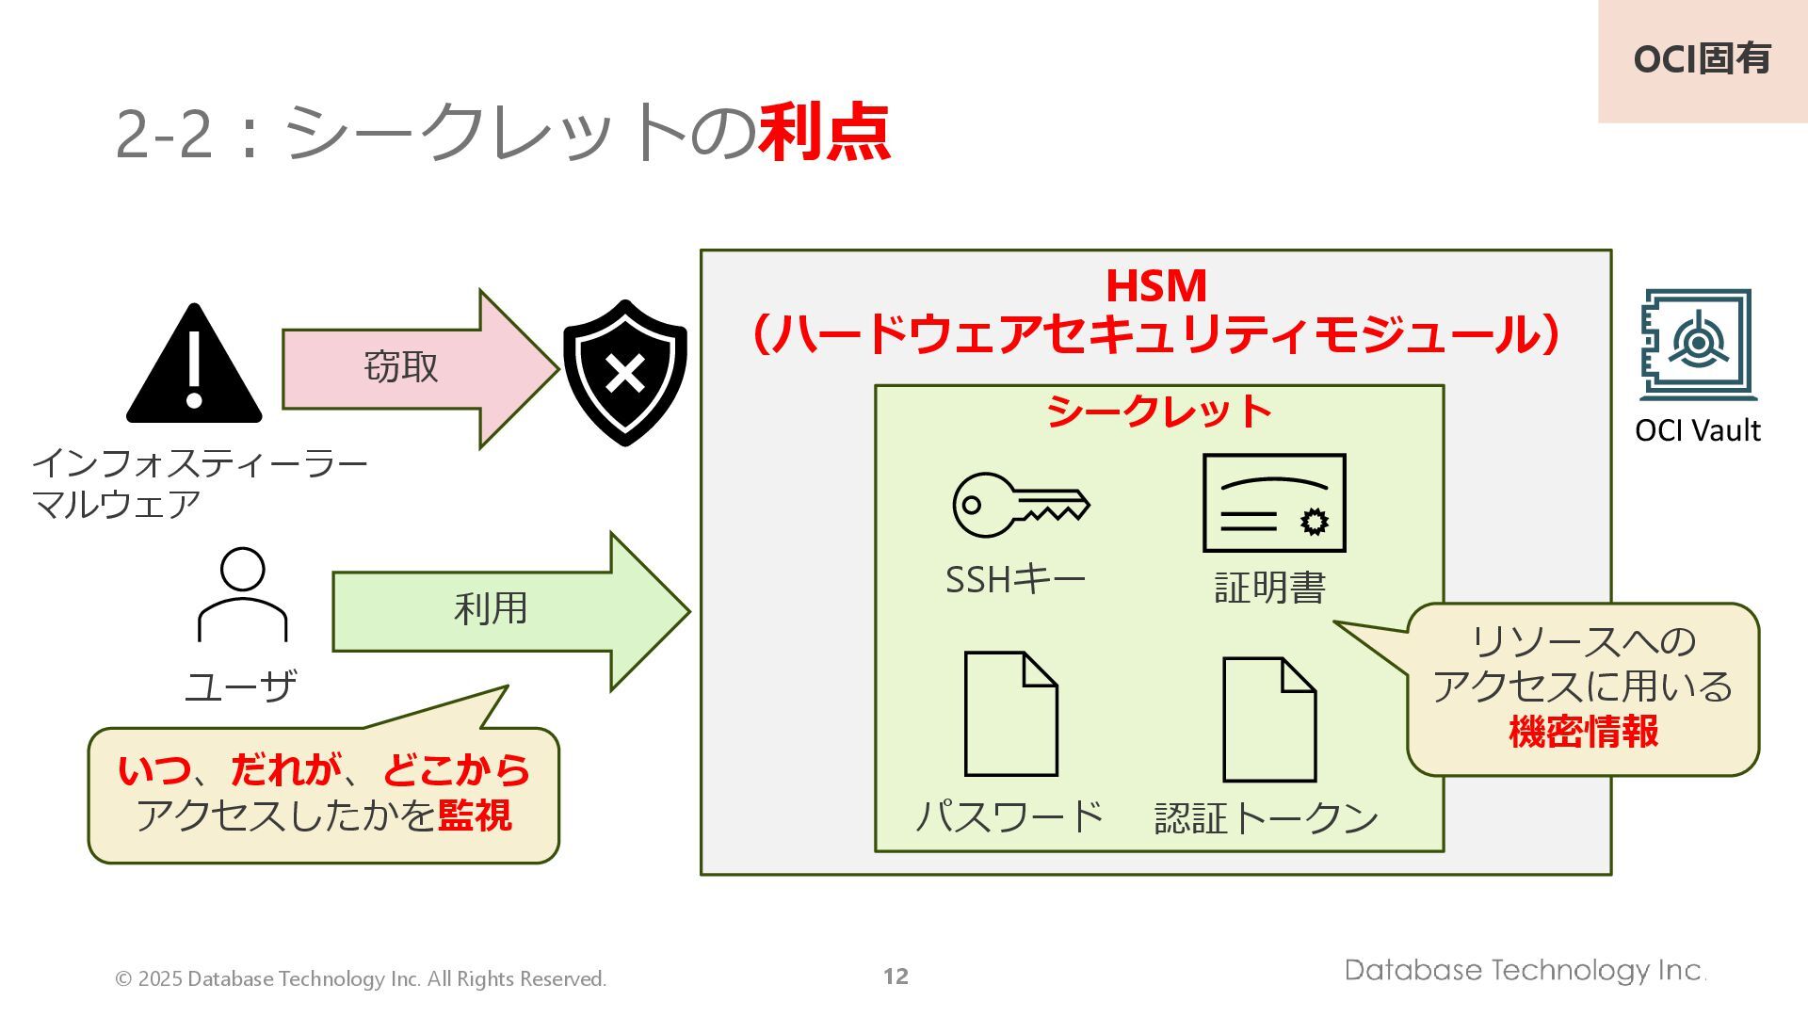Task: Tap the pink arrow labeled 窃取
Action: tap(414, 368)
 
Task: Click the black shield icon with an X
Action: tap(624, 372)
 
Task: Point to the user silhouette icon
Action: tap(242, 594)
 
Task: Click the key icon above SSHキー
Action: tap(1019, 505)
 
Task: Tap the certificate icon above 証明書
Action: tap(1273, 503)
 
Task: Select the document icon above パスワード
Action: tap(1010, 714)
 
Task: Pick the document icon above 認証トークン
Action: tap(1268, 719)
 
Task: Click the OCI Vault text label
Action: tap(1697, 430)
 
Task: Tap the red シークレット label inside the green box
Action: tap(1159, 412)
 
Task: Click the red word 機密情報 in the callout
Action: tap(1583, 732)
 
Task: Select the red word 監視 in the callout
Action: tap(475, 815)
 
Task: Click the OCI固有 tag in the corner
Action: tap(1702, 59)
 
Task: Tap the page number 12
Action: tap(896, 977)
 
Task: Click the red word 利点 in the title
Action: tap(824, 132)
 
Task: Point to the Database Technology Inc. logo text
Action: tap(1524, 971)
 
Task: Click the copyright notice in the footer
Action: tap(361, 979)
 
